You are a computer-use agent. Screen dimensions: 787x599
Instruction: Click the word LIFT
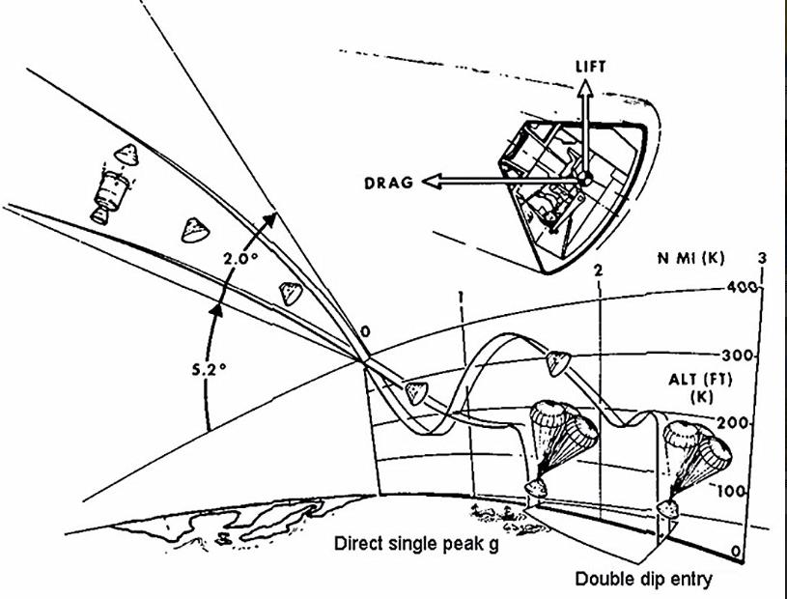(590, 67)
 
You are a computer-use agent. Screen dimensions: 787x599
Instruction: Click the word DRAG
(388, 183)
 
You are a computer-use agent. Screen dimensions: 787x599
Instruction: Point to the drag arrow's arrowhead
(432, 181)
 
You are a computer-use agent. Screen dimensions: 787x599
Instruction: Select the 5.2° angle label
(210, 369)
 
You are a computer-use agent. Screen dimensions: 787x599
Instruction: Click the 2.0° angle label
(240, 258)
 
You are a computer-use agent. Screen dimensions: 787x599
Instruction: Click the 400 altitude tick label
(742, 287)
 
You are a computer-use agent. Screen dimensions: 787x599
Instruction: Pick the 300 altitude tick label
(738, 356)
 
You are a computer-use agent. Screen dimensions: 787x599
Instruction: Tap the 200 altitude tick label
(733, 423)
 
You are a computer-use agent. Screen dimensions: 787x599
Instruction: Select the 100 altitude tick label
(730, 491)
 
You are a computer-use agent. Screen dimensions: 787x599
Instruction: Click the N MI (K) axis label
(691, 259)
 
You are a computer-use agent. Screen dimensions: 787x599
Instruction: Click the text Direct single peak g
(416, 544)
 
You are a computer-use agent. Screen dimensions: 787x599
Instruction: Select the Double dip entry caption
(643, 579)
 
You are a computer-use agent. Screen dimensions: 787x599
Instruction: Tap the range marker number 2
(598, 271)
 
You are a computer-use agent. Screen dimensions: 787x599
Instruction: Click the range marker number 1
(461, 298)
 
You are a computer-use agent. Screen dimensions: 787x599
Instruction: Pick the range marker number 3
(762, 258)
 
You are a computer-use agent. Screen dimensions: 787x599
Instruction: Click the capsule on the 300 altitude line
(557, 363)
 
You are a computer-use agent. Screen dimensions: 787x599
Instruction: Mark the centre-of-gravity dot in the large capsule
(583, 178)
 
